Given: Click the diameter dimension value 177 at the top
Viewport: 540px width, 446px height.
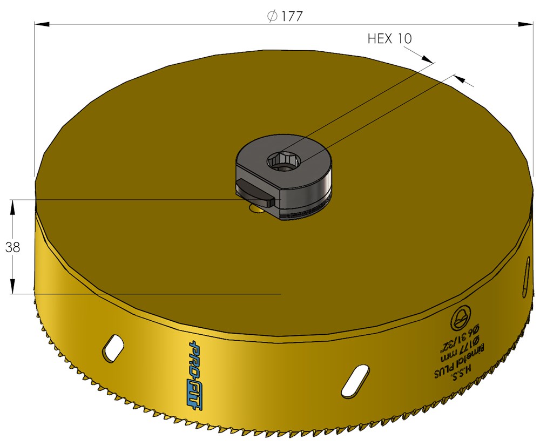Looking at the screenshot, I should (292, 16).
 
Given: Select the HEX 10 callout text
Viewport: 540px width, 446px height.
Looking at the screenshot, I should (389, 39).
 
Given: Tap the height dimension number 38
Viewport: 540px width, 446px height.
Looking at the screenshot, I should (12, 247).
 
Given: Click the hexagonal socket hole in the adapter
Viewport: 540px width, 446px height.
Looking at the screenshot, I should (283, 160).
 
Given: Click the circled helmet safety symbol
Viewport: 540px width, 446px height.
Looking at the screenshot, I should (460, 320).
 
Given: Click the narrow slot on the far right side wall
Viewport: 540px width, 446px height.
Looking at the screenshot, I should (525, 277).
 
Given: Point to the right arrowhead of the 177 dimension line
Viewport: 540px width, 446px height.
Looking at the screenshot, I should (526, 24).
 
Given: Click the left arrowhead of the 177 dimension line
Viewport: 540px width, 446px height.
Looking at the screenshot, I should (42, 24).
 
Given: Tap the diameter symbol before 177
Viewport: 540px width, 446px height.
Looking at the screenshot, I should (273, 16).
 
